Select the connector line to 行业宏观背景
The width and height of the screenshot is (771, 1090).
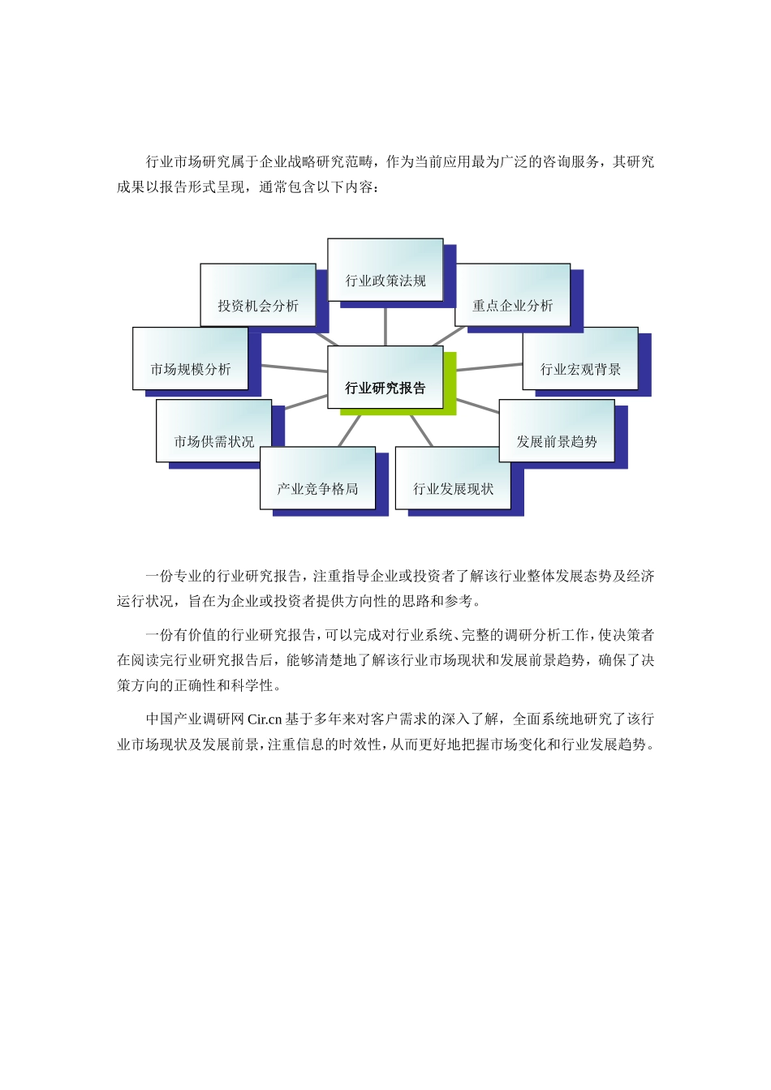point(489,367)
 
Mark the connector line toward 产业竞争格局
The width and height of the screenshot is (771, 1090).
point(348,431)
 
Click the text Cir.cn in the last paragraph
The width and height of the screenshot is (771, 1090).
point(265,719)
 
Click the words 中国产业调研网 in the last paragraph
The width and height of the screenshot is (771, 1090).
point(195,719)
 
